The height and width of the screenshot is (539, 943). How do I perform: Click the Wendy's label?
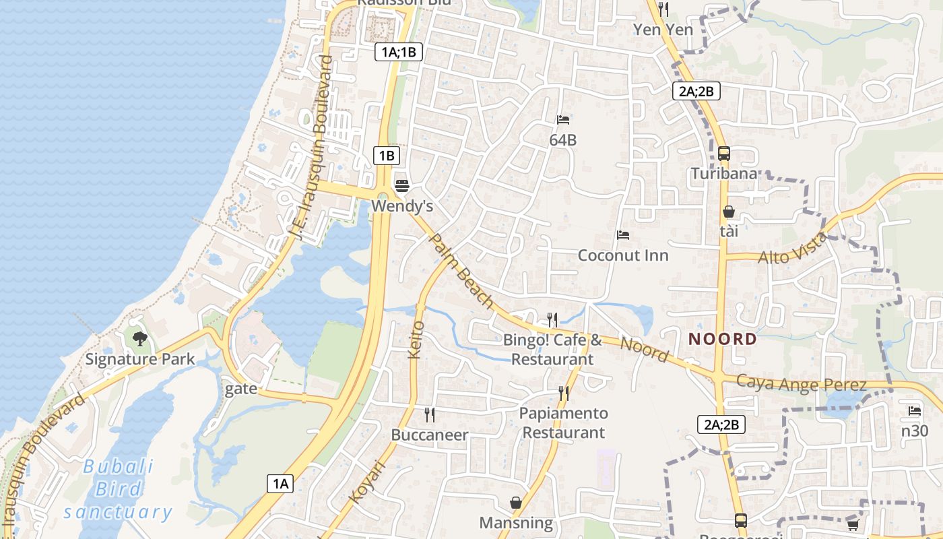(402, 205)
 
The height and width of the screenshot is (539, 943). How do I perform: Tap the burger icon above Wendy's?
(402, 185)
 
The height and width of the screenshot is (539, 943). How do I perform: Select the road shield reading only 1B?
(387, 156)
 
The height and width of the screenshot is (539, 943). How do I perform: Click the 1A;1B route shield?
(398, 52)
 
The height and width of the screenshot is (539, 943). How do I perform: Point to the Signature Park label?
(140, 359)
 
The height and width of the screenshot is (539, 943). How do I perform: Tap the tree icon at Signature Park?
(140, 338)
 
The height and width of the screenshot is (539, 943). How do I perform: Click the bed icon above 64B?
(563, 120)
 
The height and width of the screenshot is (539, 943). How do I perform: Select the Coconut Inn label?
(623, 256)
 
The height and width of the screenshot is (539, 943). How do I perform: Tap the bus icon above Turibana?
(724, 154)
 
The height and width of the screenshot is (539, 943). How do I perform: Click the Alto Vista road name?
(792, 249)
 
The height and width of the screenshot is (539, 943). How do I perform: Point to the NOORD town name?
(723, 340)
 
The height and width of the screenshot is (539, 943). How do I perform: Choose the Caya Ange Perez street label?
(801, 383)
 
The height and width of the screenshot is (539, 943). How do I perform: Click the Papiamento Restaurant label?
(564, 422)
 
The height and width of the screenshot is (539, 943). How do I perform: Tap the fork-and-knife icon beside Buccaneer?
(429, 414)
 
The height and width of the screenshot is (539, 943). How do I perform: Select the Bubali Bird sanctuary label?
(119, 489)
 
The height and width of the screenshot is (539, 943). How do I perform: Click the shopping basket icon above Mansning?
(516, 503)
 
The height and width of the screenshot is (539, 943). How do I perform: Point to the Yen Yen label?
(663, 30)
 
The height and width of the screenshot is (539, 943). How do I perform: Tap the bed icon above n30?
(914, 410)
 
